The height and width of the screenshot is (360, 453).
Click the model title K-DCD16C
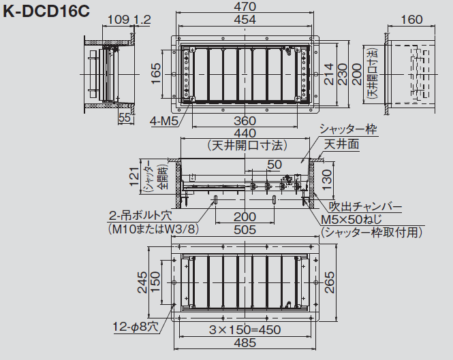coord(46,12)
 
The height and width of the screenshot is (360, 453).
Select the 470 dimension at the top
coord(245,6)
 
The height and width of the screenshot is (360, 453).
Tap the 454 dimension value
coord(245,20)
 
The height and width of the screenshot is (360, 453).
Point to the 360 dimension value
coord(245,121)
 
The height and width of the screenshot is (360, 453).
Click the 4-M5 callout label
coord(164,121)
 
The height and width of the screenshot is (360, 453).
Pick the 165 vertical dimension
coord(156,74)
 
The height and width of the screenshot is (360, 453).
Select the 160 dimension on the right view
coord(411,20)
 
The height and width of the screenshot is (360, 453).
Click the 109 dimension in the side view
coord(119,20)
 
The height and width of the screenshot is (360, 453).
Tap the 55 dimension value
coord(125,118)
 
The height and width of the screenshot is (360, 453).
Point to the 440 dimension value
coord(245,133)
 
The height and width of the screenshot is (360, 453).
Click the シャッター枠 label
coord(348,129)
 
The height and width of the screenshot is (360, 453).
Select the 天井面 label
coord(341,144)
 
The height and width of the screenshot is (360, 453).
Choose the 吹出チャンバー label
coord(366,207)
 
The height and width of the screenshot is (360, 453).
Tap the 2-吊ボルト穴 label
coord(140,216)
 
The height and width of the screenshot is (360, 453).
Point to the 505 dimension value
coord(245,230)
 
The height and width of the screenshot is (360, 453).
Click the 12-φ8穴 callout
coord(136,327)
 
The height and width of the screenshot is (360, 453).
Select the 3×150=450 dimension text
coord(245,329)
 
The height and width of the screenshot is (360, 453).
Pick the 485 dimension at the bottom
coord(245,343)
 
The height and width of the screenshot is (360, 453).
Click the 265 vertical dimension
coord(329,282)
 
